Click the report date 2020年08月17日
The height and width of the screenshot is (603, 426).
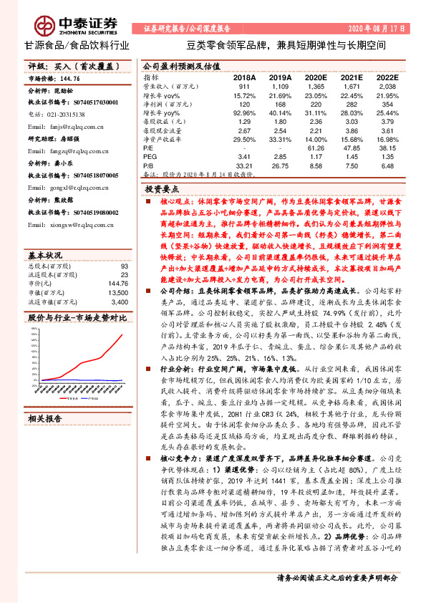tap(385, 29)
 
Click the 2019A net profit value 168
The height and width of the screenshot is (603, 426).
tap(279, 103)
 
